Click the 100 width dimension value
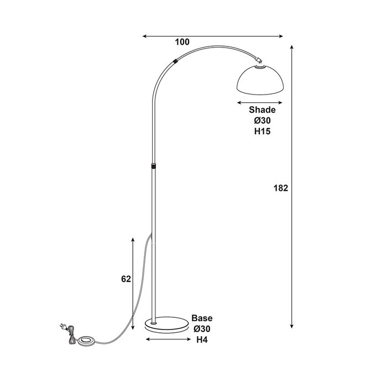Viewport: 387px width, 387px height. tap(182, 42)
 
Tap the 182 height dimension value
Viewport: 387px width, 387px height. tap(281, 188)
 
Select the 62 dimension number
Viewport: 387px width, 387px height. tap(126, 279)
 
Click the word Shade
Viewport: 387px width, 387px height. tap(262, 109)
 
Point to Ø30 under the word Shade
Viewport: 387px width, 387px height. tap(263, 121)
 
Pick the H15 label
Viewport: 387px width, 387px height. tap(263, 132)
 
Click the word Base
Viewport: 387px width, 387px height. tap(202, 318)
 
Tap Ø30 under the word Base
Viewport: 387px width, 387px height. tap(202, 329)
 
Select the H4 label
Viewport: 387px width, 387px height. tap(202, 340)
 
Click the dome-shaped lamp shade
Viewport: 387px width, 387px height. tap(260, 80)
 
